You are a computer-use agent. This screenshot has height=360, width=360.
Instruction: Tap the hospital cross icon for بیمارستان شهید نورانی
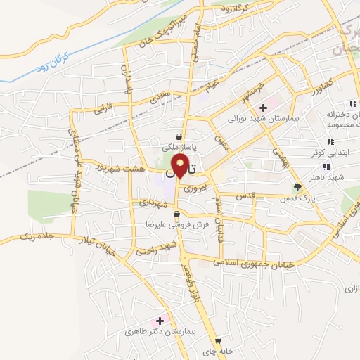(263, 108)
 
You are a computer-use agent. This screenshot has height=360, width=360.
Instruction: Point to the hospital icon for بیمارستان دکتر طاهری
(160, 320)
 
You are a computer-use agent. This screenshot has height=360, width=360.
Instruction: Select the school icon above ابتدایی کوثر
(330, 141)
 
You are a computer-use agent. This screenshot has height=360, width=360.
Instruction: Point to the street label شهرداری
(153, 202)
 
